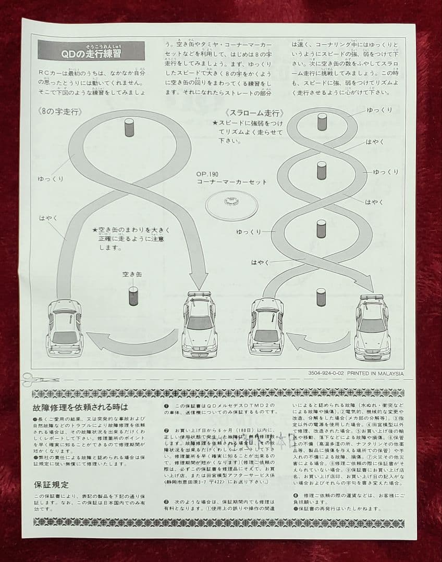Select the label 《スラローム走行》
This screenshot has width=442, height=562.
pyautogui.click(x=254, y=113)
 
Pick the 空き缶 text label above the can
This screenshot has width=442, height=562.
pyautogui.click(x=132, y=275)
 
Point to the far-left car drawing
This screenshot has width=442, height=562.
pyautogui.click(x=65, y=327)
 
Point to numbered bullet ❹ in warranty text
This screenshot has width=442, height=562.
pyautogui.click(x=295, y=495)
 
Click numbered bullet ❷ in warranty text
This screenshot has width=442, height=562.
pyautogui.click(x=166, y=430)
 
